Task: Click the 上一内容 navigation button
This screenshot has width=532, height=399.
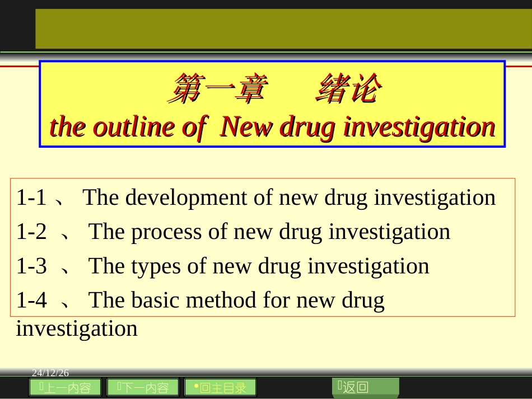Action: (x=66, y=387)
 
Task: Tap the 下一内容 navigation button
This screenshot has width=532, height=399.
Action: (x=143, y=387)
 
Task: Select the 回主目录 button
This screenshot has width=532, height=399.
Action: (x=220, y=387)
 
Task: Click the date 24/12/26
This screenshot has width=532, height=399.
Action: (x=50, y=373)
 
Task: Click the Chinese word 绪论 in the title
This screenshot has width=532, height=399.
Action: (x=349, y=90)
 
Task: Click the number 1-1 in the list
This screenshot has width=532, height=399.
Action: (x=31, y=198)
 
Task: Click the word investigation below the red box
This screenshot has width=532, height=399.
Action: (x=77, y=328)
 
